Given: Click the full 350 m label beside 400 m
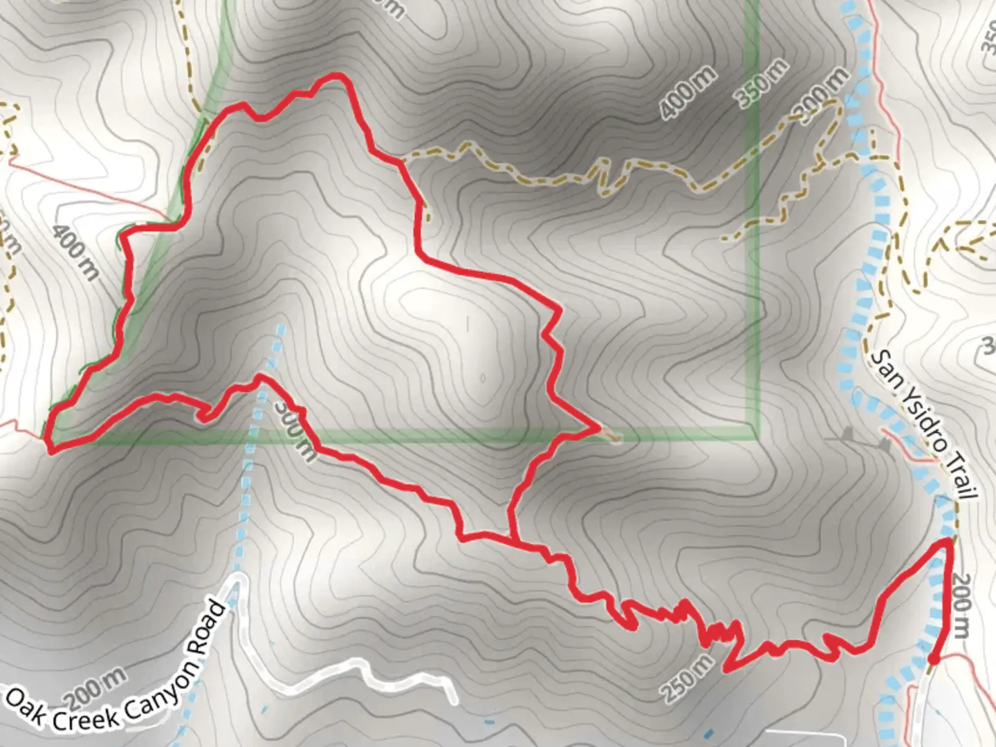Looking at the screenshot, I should click(763, 84).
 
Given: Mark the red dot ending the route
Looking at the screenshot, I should click(932, 660).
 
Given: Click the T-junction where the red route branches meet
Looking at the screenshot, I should click(512, 539).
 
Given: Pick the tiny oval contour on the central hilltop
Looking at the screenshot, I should click(482, 378).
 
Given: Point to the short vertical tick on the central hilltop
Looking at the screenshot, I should click(467, 322).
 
